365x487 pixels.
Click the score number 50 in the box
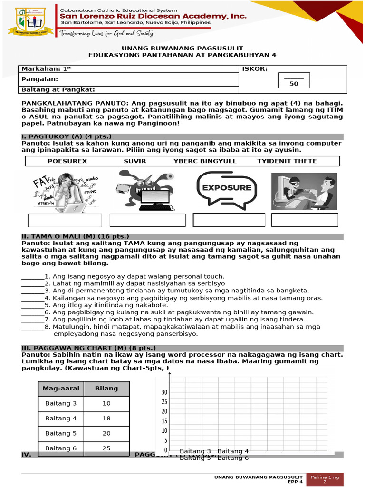click(x=294, y=84)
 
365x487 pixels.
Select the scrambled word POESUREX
click(x=67, y=161)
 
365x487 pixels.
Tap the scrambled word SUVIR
click(x=135, y=161)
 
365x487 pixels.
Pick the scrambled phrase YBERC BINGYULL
click(x=205, y=161)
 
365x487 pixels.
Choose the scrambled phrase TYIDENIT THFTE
click(x=287, y=161)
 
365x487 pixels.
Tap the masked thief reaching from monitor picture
click(x=304, y=191)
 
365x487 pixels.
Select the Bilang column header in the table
click(x=106, y=388)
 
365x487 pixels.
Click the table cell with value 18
click(x=106, y=419)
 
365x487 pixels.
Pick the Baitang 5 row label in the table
click(x=61, y=433)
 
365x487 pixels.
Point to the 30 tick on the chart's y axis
click(x=164, y=392)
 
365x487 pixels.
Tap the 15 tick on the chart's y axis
click(x=164, y=421)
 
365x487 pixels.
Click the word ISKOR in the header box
click(x=255, y=69)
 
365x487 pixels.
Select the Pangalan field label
click(x=40, y=79)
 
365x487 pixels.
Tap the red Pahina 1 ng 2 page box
click(x=326, y=479)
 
